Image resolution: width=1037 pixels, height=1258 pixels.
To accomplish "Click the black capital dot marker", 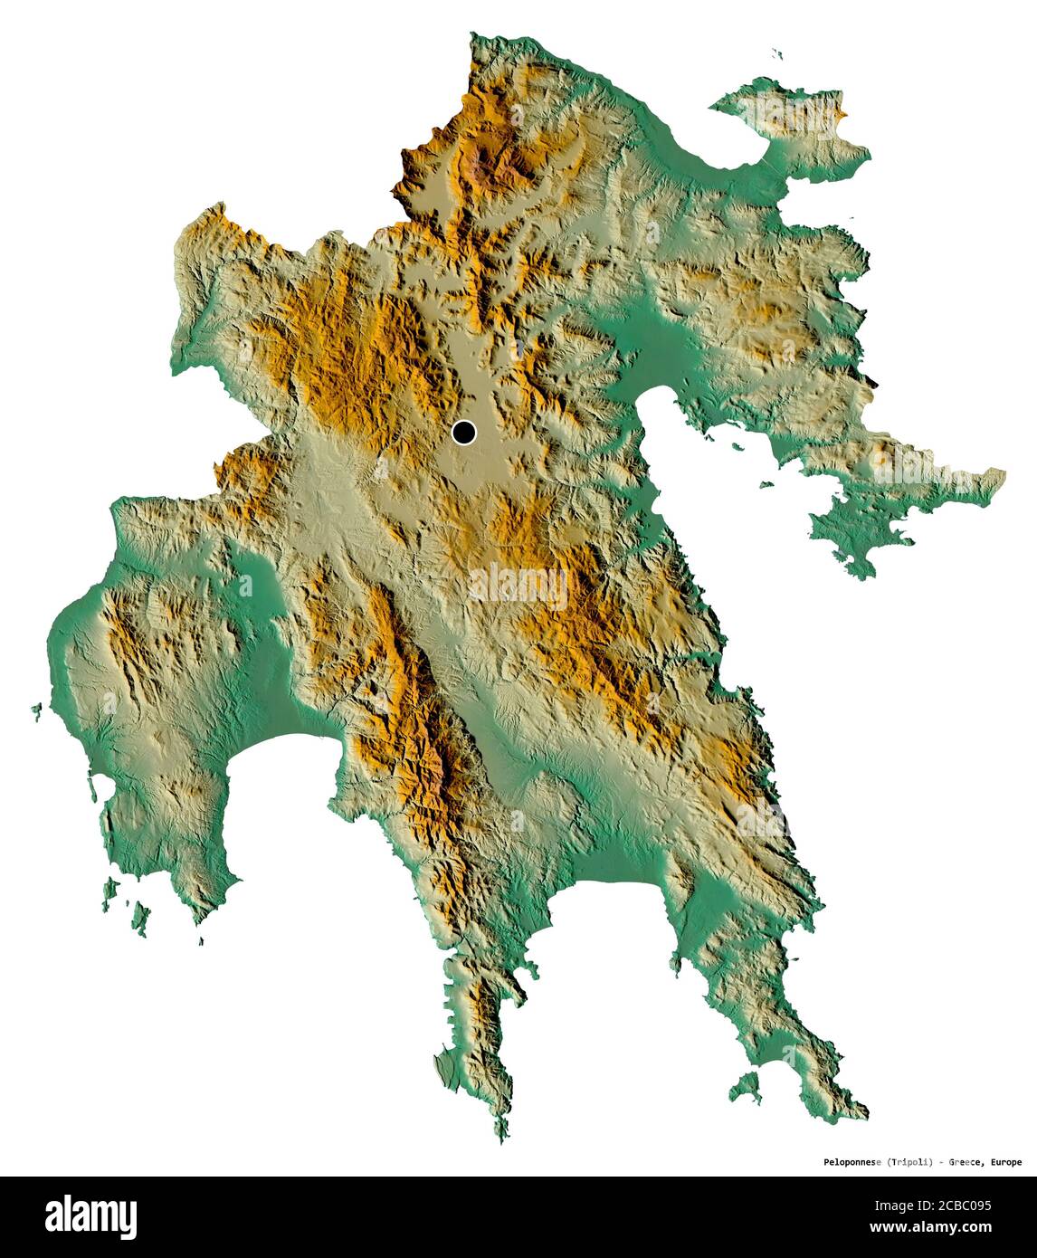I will (464, 433).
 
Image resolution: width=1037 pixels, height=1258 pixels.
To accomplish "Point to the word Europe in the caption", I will (1007, 1162).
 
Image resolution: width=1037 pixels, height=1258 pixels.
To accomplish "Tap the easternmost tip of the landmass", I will (1003, 473).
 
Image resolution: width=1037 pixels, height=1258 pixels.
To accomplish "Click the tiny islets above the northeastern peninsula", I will (776, 53).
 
